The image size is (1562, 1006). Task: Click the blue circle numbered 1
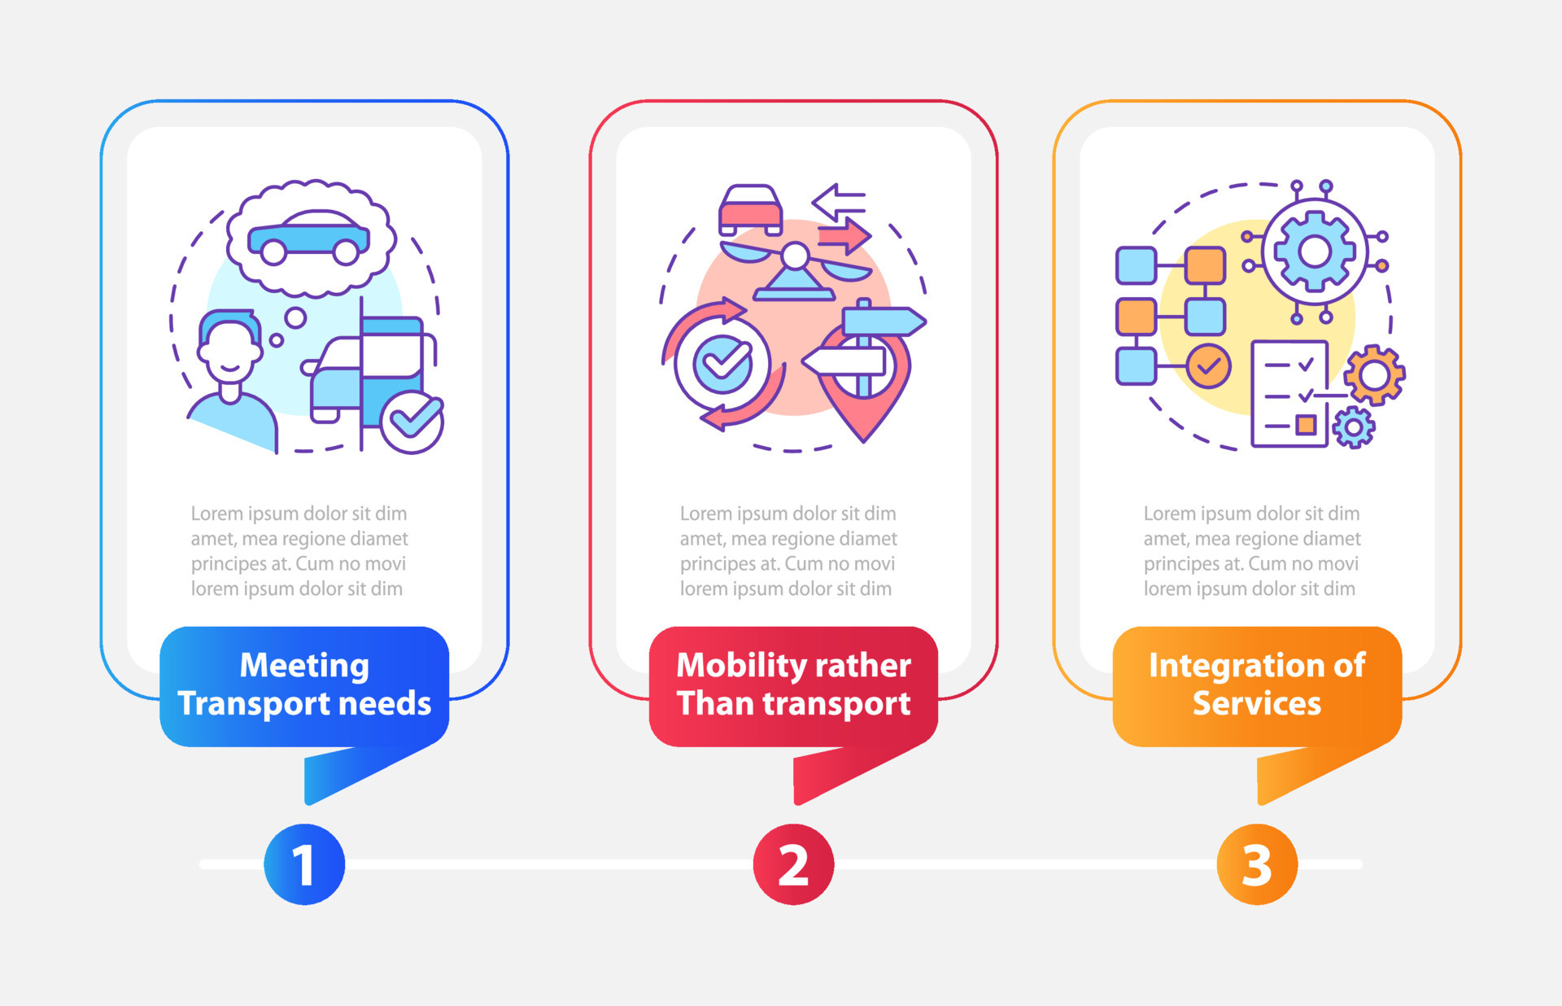304,864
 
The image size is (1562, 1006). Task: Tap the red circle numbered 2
793,864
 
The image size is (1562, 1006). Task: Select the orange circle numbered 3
1257,864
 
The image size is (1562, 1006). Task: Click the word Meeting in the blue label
304,665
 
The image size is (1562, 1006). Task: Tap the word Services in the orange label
1257,703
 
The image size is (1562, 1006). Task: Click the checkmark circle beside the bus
412,421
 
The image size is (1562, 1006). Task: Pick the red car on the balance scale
750,210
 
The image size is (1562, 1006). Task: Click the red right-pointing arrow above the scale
844,237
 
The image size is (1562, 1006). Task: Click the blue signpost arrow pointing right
884,321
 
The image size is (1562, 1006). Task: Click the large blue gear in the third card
1315,251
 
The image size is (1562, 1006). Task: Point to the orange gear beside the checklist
1374,375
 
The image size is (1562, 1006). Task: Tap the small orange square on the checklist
1306,424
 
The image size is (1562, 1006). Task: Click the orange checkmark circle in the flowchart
1208,365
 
